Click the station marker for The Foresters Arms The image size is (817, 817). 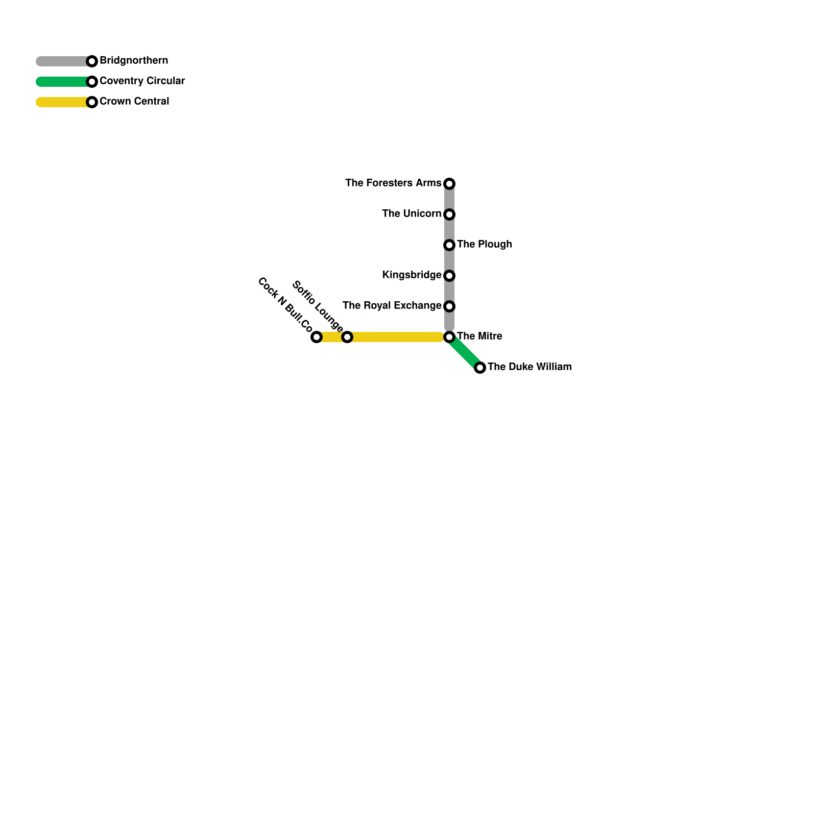coord(449,184)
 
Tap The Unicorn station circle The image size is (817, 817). coord(449,214)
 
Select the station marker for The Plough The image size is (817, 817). coord(449,245)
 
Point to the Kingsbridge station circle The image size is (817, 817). coord(449,276)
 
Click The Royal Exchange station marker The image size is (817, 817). coord(449,306)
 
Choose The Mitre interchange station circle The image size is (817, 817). coord(449,337)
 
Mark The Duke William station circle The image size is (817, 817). coord(480,368)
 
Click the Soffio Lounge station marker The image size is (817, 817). coord(347,337)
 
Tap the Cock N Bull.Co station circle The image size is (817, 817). coord(317,337)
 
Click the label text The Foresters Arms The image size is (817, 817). coord(393,183)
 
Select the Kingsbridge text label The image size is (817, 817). coord(412,275)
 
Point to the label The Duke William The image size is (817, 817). coord(530,367)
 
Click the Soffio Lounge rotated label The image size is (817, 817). coord(317,306)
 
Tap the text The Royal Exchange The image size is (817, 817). coord(392,305)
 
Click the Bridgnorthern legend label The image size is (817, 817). coord(134,60)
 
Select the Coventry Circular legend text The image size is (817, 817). coord(142,81)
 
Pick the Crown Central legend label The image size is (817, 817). coord(134,101)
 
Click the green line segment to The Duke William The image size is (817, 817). coord(465,352)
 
